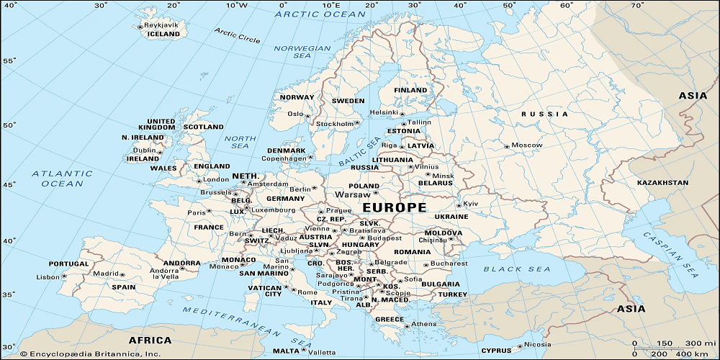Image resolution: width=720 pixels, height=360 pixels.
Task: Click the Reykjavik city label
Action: pyautogui.click(x=161, y=24)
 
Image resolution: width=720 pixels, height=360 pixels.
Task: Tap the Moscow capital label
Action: pyautogui.click(x=526, y=145)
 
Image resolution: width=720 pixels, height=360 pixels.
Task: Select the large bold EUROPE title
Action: pyautogui.click(x=394, y=207)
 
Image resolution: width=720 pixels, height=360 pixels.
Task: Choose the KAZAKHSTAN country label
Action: pyautogui.click(x=662, y=183)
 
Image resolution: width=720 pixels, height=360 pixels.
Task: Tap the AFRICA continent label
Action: pyautogui.click(x=150, y=340)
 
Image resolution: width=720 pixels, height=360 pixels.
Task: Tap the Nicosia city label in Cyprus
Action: pyautogui.click(x=539, y=344)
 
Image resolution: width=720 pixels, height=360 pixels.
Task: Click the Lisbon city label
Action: pyautogui.click(x=48, y=276)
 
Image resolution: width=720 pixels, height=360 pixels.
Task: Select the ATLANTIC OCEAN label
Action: pyautogui.click(x=62, y=179)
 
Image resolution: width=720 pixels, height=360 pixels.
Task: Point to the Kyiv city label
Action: pyautogui.click(x=471, y=204)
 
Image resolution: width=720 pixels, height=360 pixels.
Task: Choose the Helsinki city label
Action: pyautogui.click(x=383, y=112)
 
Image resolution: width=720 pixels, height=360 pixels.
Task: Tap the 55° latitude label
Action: pyautogui.click(x=9, y=60)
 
